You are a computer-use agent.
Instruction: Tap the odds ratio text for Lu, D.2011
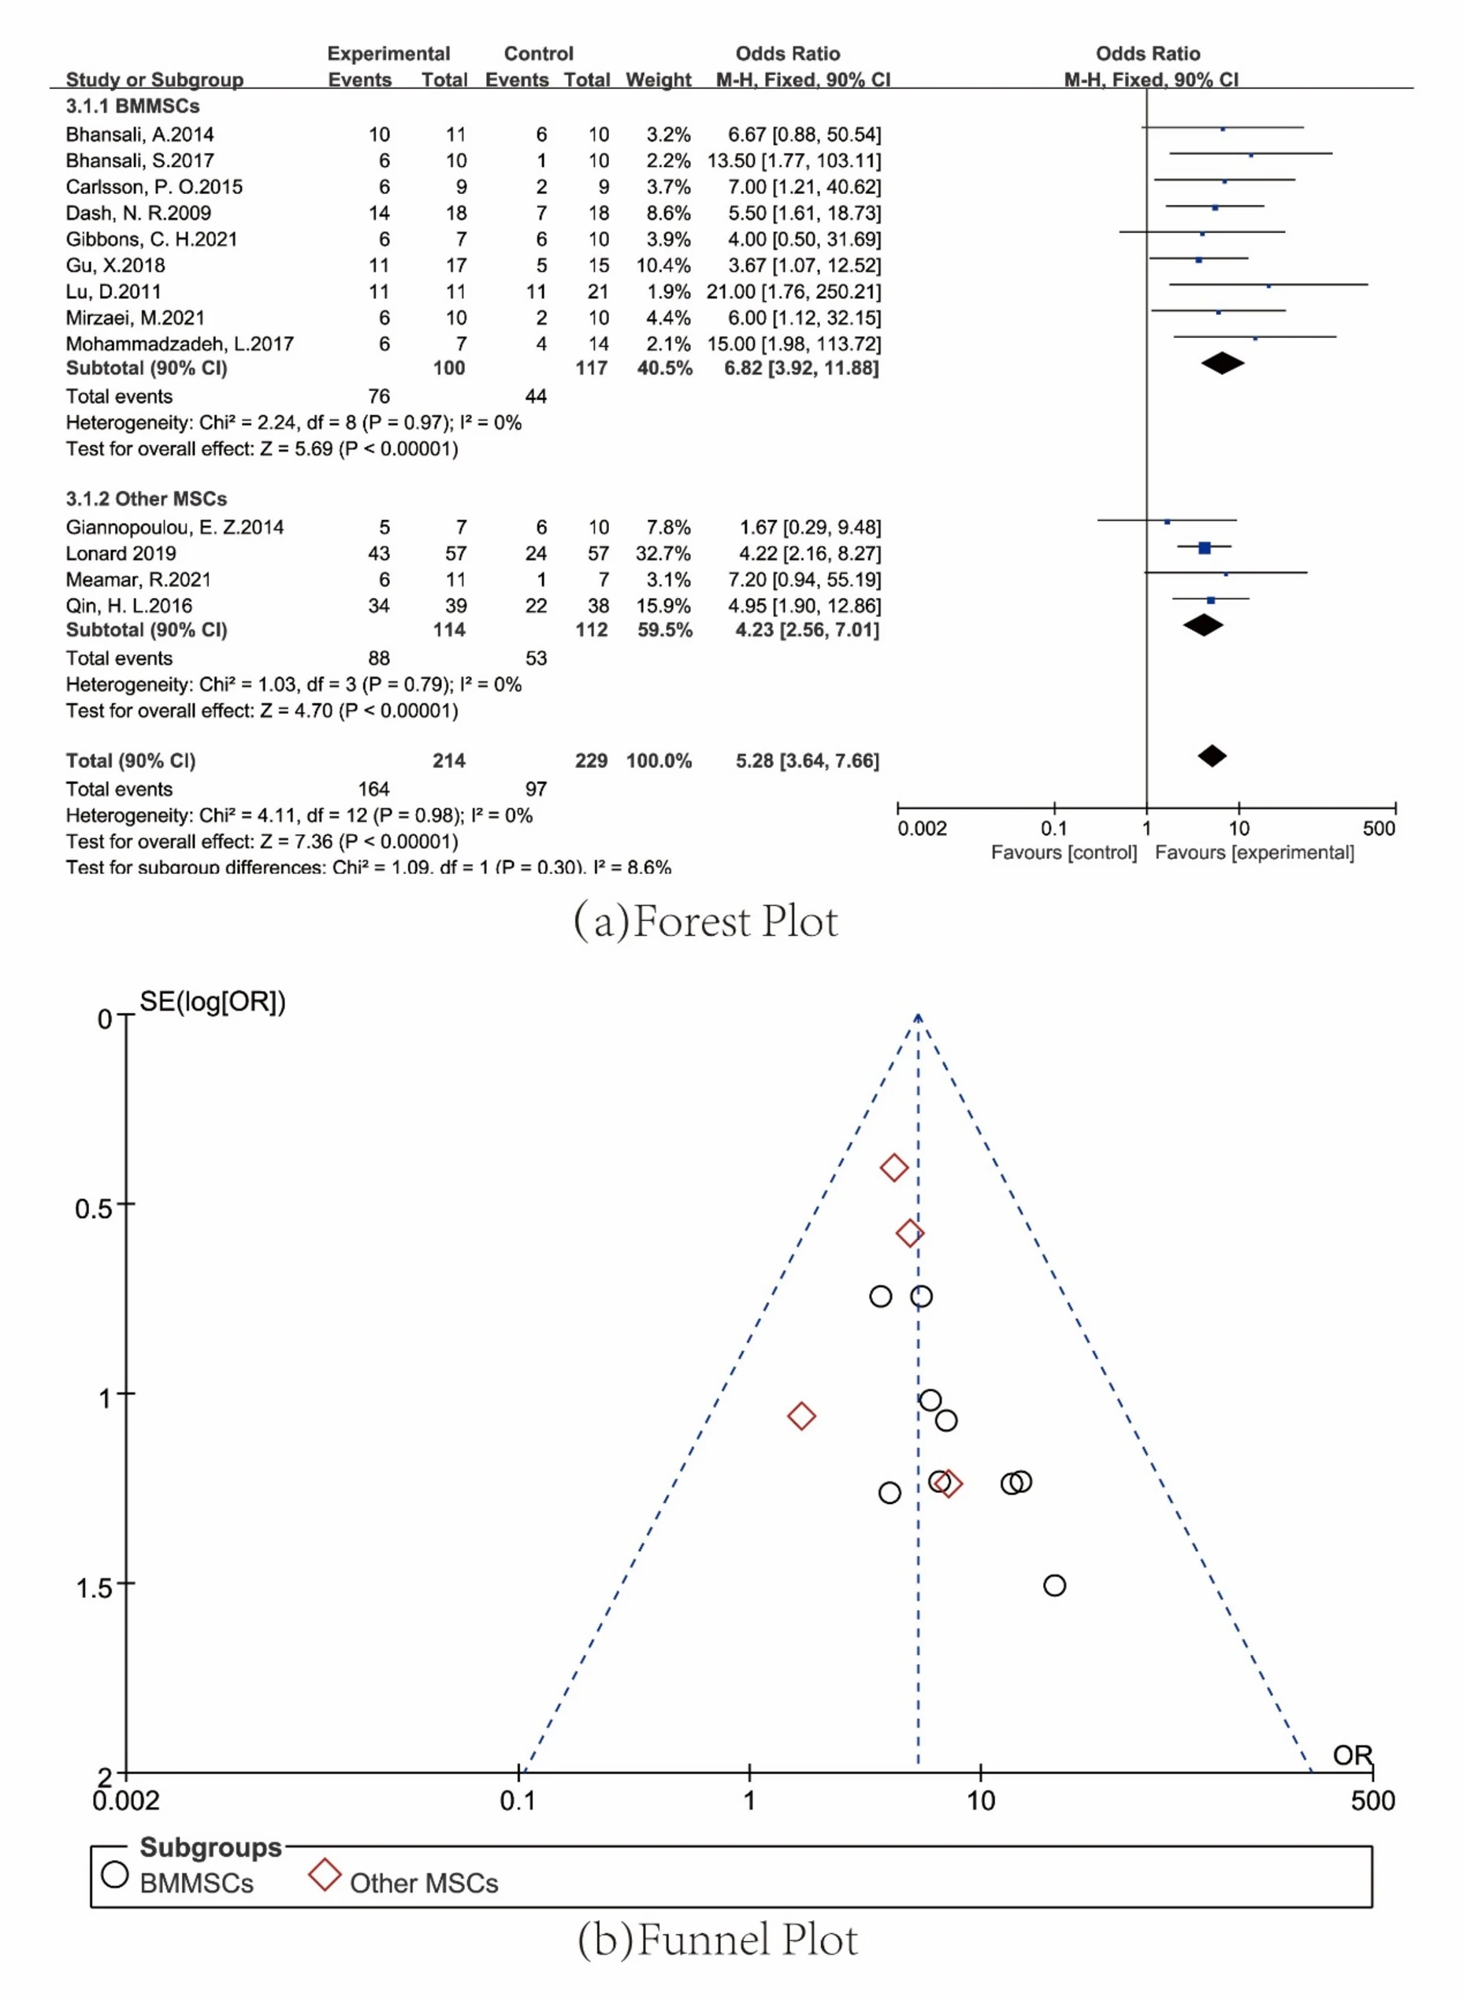click(x=793, y=291)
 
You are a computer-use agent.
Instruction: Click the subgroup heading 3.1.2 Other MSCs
click(x=146, y=499)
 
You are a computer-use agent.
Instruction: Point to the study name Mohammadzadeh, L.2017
click(x=179, y=343)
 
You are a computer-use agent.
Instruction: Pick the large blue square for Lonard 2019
click(x=1204, y=548)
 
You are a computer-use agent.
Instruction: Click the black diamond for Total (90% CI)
click(x=1212, y=755)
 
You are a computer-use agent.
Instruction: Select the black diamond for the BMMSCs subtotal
click(x=1222, y=363)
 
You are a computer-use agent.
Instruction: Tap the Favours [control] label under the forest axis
click(x=1064, y=852)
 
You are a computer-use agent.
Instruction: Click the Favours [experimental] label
click(x=1254, y=852)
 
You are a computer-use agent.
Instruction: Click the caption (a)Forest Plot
click(x=705, y=921)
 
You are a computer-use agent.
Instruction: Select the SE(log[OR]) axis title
click(x=213, y=1001)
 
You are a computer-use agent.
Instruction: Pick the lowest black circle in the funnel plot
click(x=1054, y=1585)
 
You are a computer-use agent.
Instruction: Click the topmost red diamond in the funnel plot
click(x=893, y=1168)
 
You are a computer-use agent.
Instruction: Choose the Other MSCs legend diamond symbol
click(x=325, y=1874)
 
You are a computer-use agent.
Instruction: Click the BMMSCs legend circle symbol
click(x=115, y=1874)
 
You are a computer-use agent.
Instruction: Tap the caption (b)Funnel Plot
click(x=718, y=1939)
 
